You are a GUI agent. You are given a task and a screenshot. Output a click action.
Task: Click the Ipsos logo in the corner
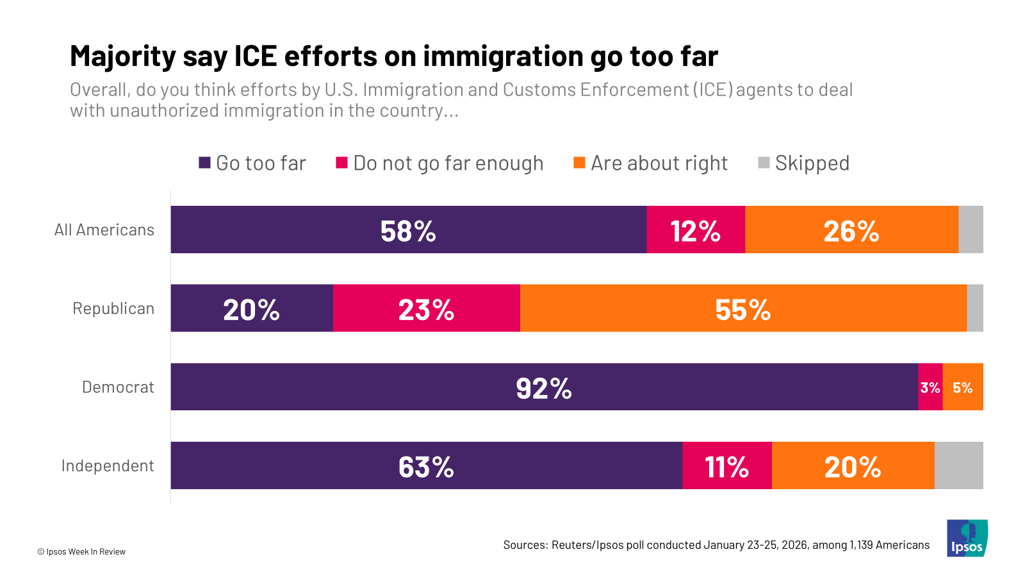(x=967, y=538)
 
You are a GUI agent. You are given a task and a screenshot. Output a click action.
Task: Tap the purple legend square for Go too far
(x=204, y=163)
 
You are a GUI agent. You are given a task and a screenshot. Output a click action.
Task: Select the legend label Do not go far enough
(x=448, y=163)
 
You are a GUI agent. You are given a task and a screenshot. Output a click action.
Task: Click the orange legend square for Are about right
(x=579, y=163)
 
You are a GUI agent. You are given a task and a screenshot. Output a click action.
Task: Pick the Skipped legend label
(x=812, y=163)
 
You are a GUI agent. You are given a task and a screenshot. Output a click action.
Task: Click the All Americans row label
(x=104, y=230)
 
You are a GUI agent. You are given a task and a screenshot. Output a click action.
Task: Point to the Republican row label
(x=113, y=308)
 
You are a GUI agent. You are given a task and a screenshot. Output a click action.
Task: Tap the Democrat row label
(x=118, y=387)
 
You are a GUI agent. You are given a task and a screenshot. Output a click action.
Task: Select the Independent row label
(x=108, y=465)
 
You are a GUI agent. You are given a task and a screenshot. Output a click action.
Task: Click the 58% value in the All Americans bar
(x=408, y=231)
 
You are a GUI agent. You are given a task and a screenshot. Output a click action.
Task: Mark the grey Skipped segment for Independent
(x=958, y=465)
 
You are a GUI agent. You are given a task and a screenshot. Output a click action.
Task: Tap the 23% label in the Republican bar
(x=426, y=310)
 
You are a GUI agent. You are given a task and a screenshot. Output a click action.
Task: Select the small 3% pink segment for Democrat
(x=930, y=387)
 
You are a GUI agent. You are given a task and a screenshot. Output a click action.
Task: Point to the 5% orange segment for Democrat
(x=962, y=387)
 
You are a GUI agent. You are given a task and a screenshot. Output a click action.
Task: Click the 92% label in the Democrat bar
(x=544, y=389)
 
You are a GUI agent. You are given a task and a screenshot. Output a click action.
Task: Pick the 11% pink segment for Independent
(x=727, y=467)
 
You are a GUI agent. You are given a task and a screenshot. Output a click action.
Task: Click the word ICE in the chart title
(x=256, y=56)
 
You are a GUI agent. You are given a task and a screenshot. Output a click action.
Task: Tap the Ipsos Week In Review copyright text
(x=81, y=551)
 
